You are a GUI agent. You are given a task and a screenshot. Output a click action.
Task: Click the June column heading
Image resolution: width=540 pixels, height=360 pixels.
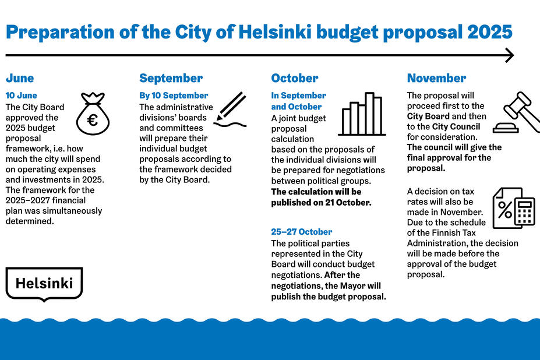[x=20, y=78]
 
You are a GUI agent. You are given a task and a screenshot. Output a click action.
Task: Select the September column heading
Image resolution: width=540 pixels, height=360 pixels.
[x=171, y=78]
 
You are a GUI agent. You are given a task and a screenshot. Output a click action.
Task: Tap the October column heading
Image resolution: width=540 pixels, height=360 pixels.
[x=295, y=78]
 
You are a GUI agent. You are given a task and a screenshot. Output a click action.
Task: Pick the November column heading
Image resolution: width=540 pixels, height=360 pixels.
[x=436, y=78]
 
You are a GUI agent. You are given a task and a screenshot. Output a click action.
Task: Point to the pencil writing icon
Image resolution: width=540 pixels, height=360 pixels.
[x=230, y=110]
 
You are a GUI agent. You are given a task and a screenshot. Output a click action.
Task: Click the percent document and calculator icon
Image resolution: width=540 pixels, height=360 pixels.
[x=513, y=208]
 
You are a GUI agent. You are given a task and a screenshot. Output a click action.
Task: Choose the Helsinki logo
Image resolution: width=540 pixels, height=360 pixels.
[x=44, y=284]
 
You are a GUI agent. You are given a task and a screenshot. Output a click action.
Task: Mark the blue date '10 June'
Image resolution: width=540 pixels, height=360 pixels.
[x=22, y=96]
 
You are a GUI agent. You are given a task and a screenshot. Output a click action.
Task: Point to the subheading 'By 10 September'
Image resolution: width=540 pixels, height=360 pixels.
[x=174, y=96]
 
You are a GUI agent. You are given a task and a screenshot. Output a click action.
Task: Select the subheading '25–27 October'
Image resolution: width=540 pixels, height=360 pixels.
[x=302, y=232]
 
